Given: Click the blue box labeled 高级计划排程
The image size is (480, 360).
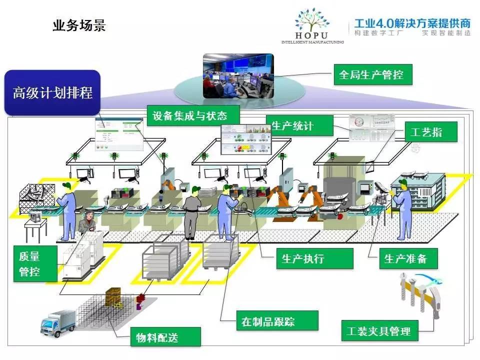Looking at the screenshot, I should click(x=52, y=93).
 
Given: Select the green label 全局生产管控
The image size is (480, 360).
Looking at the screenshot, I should click(x=371, y=75).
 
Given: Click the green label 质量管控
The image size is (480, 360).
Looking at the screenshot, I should click(x=29, y=264).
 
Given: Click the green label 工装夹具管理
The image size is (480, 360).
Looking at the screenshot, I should click(x=379, y=331).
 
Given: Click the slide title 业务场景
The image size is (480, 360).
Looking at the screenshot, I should click(x=79, y=25).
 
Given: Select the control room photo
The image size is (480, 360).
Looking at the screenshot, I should click(x=238, y=75).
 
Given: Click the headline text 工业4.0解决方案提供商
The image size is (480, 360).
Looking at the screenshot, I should click(x=412, y=23).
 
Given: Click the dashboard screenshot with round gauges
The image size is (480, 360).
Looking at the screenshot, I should click(x=370, y=128).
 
